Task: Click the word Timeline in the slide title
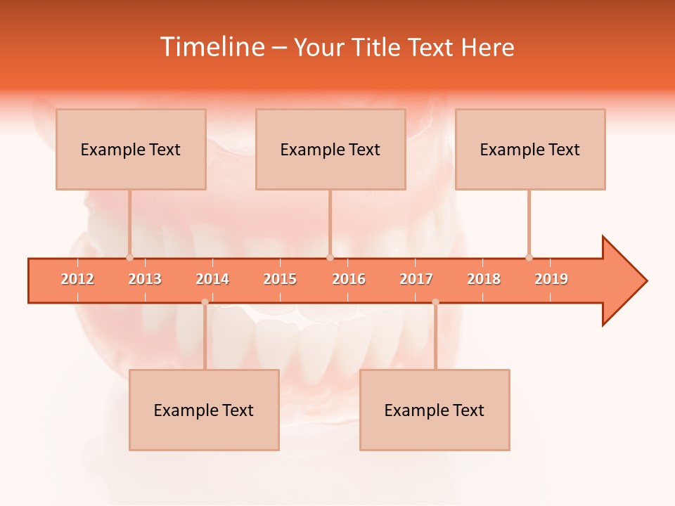[212, 47]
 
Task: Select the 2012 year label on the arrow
[77, 279]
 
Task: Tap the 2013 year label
[145, 279]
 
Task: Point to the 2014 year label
[212, 279]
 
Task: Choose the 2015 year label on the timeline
[280, 279]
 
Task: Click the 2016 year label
[349, 279]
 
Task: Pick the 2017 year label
[416, 279]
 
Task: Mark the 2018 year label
[484, 279]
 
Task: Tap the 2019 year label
[551, 279]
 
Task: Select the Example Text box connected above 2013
[131, 149]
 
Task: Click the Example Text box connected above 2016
[330, 149]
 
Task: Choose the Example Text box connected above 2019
[530, 149]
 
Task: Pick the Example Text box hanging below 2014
[204, 410]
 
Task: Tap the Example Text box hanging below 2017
[435, 410]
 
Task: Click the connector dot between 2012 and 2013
[129, 257]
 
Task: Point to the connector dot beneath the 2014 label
[205, 301]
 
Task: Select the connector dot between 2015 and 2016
[330, 257]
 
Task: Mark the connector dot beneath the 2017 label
[435, 301]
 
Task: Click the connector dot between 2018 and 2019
[529, 257]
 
